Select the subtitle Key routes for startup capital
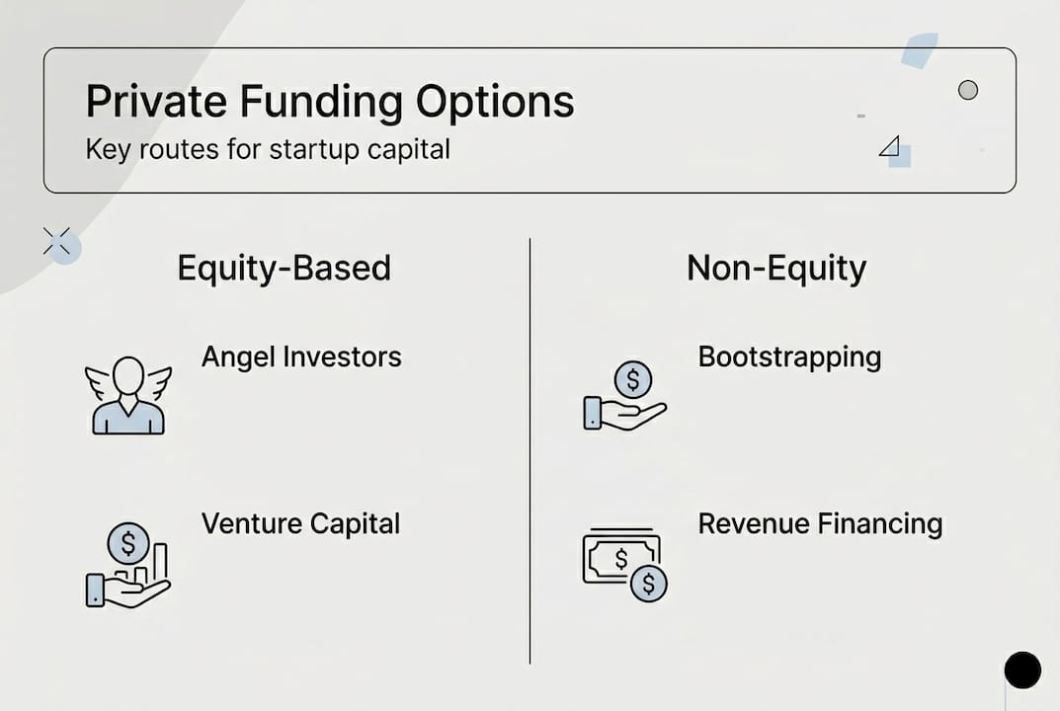(x=268, y=149)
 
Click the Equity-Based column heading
(x=284, y=268)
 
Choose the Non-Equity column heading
(x=776, y=268)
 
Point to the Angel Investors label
(x=301, y=356)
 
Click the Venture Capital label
(x=300, y=523)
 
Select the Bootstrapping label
(x=789, y=356)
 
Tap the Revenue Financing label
(x=820, y=523)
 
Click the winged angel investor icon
(x=128, y=395)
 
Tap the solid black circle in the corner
(x=1022, y=670)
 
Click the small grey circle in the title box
(x=968, y=90)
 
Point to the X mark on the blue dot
(x=57, y=241)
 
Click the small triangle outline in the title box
(x=889, y=147)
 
